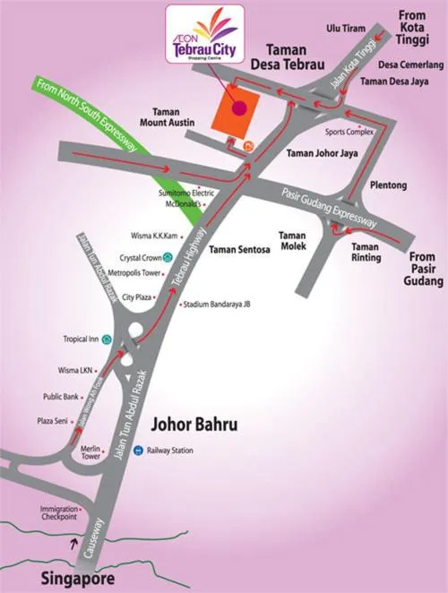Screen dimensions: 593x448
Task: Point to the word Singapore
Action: pos(77,580)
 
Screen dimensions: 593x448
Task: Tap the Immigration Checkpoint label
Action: pos(59,512)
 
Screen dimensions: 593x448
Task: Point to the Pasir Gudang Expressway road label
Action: pos(329,207)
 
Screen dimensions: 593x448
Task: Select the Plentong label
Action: pos(388,185)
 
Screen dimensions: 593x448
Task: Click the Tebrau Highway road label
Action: pos(185,264)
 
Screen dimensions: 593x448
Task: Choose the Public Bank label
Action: pos(61,397)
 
